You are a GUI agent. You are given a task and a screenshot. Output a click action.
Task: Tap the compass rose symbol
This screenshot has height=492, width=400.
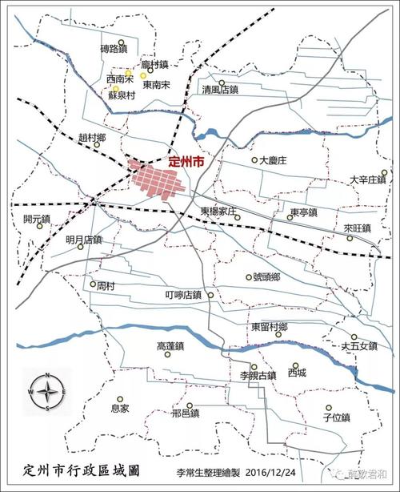48,392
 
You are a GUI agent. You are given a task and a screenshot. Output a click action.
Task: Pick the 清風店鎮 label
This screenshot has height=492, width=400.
221,90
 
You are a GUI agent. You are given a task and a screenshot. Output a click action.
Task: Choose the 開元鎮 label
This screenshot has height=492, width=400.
37,218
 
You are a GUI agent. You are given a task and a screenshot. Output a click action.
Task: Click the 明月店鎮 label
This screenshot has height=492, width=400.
83,239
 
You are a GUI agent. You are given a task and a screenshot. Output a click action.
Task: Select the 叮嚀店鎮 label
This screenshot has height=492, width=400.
183,295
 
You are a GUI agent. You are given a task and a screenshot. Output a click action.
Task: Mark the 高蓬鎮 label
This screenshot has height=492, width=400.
170,347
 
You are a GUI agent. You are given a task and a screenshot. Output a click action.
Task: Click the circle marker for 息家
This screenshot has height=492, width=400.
119,398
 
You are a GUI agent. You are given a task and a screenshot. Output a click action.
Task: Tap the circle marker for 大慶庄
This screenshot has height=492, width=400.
254,160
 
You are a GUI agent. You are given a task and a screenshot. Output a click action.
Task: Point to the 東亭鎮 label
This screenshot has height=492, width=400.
304,212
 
